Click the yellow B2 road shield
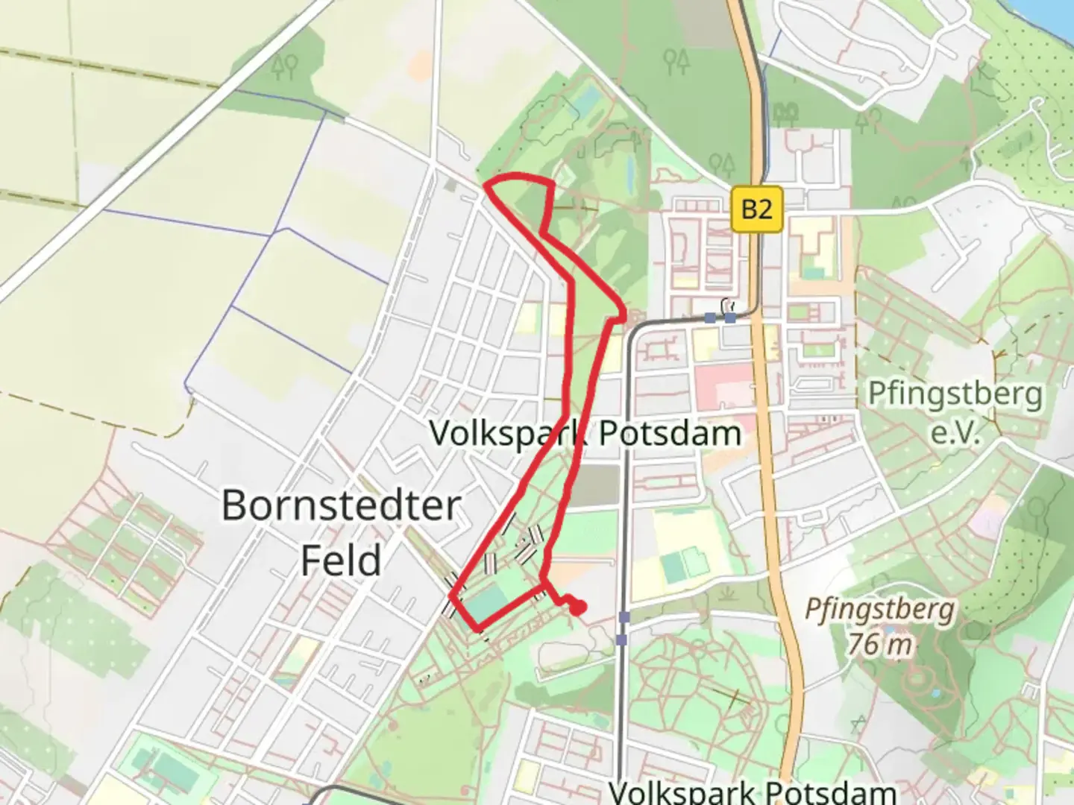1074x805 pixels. pos(756,209)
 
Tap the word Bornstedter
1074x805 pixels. pos(342,506)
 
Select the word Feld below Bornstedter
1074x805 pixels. pos(341,561)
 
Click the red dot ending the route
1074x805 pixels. pos(577,608)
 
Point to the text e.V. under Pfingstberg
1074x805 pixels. pos(955,432)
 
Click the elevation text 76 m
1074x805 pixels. pos(880,643)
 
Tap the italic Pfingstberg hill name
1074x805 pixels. pos(880,610)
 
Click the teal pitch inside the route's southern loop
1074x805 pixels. pos(489,602)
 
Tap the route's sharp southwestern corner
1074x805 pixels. pos(452,596)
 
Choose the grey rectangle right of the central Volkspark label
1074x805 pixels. pos(599,485)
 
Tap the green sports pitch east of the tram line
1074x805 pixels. pos(676,567)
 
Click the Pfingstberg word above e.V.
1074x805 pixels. pos(955,394)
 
